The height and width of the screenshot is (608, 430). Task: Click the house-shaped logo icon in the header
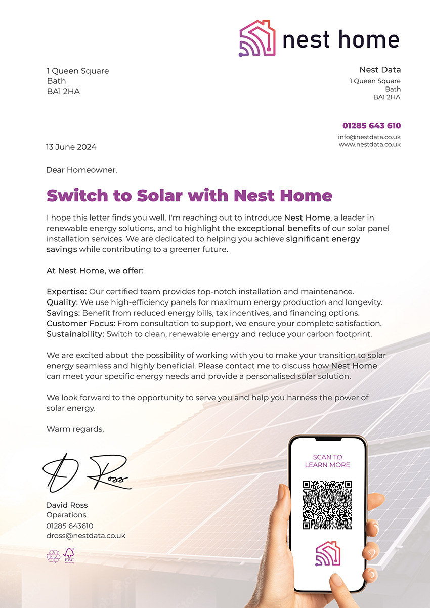(257, 38)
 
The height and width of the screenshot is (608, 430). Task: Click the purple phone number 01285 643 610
(371, 126)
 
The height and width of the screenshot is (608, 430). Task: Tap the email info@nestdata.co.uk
(369, 137)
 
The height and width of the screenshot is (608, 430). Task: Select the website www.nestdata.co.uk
(369, 144)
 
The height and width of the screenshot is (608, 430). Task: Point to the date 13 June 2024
(71, 147)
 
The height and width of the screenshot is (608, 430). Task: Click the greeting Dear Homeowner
(81, 170)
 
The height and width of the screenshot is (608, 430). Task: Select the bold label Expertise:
(67, 292)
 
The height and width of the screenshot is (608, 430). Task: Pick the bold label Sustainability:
(74, 334)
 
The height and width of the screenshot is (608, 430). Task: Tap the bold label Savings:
(63, 313)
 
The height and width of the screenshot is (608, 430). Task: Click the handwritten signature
(86, 473)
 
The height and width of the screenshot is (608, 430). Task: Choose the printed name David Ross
(67, 505)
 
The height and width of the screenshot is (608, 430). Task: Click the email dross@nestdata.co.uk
(86, 535)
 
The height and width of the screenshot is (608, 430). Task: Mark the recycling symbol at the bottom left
(53, 556)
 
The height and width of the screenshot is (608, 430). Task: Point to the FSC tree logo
(69, 556)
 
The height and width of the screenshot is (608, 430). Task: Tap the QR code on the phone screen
(327, 505)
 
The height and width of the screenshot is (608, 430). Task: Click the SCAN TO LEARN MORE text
(327, 461)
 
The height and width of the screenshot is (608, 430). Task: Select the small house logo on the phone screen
(327, 553)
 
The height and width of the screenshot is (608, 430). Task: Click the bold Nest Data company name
(379, 70)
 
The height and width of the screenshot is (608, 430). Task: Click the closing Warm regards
(75, 429)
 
